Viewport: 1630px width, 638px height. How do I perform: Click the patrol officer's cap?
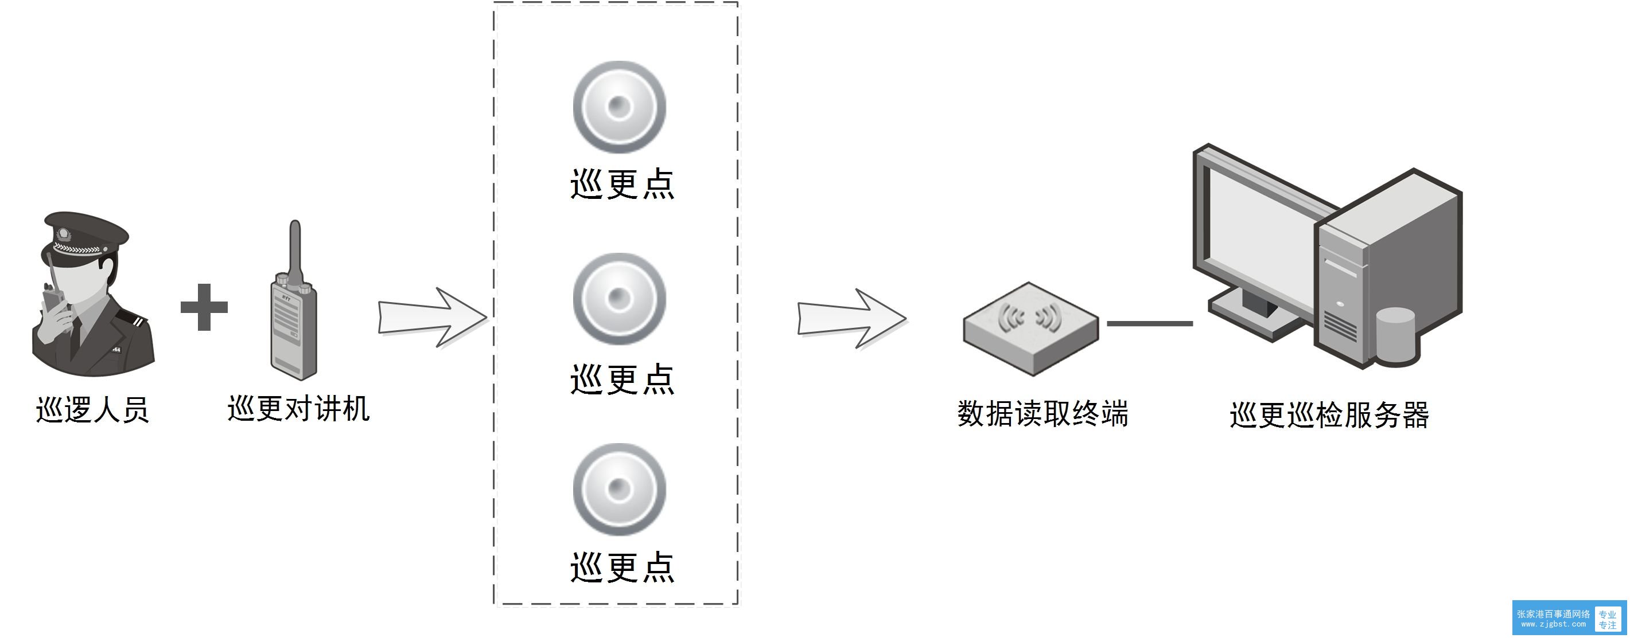85,234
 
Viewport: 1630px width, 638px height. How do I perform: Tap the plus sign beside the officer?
204,307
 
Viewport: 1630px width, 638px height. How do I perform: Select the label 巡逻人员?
92,410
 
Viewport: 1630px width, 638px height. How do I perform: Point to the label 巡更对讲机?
298,409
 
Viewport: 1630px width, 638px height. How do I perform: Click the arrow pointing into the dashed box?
433,318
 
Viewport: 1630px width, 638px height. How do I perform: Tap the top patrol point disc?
619,107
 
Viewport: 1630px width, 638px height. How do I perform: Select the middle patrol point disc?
619,299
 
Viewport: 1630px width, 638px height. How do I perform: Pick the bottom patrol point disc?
619,490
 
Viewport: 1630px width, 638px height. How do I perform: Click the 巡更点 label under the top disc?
623,185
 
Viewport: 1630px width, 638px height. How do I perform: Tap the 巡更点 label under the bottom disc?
623,566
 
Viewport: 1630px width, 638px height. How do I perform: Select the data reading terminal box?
1030,329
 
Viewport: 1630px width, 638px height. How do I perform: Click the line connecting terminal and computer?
1150,324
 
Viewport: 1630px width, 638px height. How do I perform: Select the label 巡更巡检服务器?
1329,415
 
